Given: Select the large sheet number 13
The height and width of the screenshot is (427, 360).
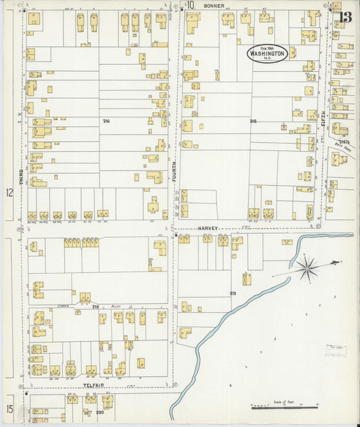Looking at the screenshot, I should coord(345,17).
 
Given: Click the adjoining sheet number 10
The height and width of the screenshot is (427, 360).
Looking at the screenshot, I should coord(190,5).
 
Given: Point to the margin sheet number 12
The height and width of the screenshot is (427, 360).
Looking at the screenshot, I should coord(9,193).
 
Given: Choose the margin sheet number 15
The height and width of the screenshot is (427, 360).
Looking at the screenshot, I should coord(9,408).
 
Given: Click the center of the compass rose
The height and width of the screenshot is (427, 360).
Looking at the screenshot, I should coord(307,268).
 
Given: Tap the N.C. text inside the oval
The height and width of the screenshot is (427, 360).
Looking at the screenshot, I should coord(267,59).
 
